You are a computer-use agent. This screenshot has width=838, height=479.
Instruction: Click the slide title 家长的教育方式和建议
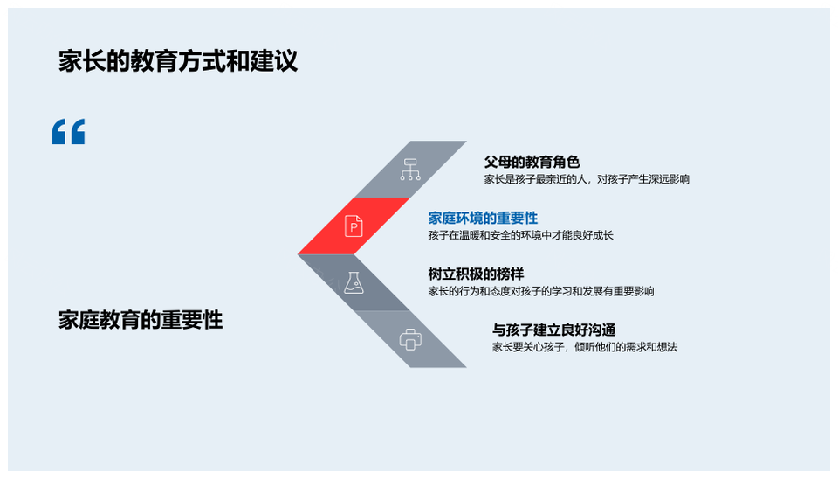point(178,61)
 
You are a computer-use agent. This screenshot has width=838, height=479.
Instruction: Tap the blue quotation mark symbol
point(68,132)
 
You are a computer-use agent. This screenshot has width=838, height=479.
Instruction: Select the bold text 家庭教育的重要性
point(141,320)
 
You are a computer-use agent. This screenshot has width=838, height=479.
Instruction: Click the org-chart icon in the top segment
point(410,169)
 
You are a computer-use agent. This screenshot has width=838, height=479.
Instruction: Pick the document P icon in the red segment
point(354,226)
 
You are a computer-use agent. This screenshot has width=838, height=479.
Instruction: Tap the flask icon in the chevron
point(354,282)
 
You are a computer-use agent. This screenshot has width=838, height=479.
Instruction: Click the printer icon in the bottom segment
point(410,339)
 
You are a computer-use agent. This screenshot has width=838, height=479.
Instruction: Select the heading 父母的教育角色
point(532,162)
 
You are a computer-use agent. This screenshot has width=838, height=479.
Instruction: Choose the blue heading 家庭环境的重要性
point(483,218)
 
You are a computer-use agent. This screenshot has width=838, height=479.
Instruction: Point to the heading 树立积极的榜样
point(476,274)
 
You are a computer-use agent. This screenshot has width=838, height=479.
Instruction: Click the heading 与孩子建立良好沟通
point(553,330)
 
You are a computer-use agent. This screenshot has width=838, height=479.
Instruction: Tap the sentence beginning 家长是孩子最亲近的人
point(587,179)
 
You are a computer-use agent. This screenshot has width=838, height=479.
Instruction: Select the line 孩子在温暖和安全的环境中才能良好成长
point(520,235)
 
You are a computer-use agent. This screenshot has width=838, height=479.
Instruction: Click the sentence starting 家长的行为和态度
point(541,292)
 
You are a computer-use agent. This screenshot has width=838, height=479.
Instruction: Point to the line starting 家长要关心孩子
point(585,347)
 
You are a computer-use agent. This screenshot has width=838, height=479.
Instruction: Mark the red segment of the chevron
point(354,226)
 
